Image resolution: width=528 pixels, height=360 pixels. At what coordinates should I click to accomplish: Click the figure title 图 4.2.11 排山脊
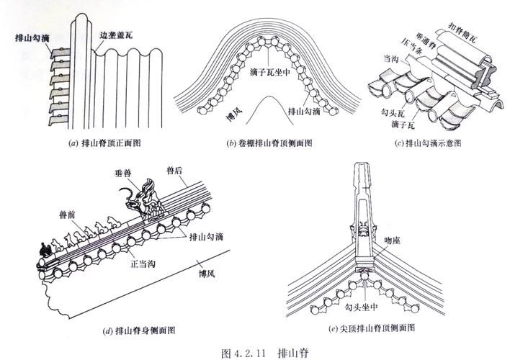pyautogui.click(x=263, y=352)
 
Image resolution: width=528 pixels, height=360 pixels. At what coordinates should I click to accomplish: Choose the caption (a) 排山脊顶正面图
pyautogui.click(x=104, y=143)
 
